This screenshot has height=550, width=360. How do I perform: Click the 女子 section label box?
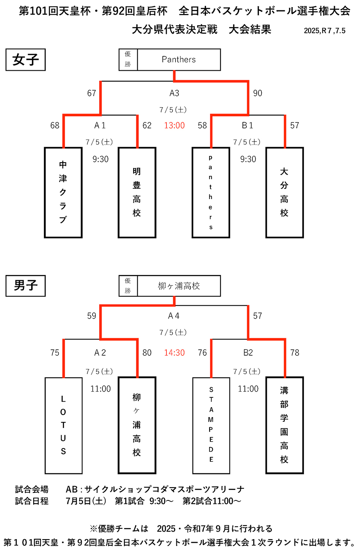26,60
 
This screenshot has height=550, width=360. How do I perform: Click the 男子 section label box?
26,286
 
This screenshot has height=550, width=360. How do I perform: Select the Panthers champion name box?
179,60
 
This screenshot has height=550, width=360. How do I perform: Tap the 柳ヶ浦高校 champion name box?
179,286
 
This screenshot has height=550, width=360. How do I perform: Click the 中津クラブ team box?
63,193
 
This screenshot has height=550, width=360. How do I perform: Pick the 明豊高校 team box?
137,193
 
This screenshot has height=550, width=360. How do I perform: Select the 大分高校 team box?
284,193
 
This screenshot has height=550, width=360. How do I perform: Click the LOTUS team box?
63,425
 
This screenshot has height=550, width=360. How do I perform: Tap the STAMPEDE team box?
211,425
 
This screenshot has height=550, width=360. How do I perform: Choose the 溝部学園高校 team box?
284,425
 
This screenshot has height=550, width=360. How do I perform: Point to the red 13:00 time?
174,126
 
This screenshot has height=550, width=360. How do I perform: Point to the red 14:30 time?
174,353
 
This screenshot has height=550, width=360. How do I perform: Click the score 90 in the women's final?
258,93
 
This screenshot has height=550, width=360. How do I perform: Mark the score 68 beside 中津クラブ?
55,126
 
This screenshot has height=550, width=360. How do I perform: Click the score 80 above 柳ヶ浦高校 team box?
147,353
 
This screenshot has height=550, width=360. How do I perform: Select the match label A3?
174,93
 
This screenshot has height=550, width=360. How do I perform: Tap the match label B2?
248,353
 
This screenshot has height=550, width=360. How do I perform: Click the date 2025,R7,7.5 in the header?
324,31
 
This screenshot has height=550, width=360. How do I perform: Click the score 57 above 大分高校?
294,126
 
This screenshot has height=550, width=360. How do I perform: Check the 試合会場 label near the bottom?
32,489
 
